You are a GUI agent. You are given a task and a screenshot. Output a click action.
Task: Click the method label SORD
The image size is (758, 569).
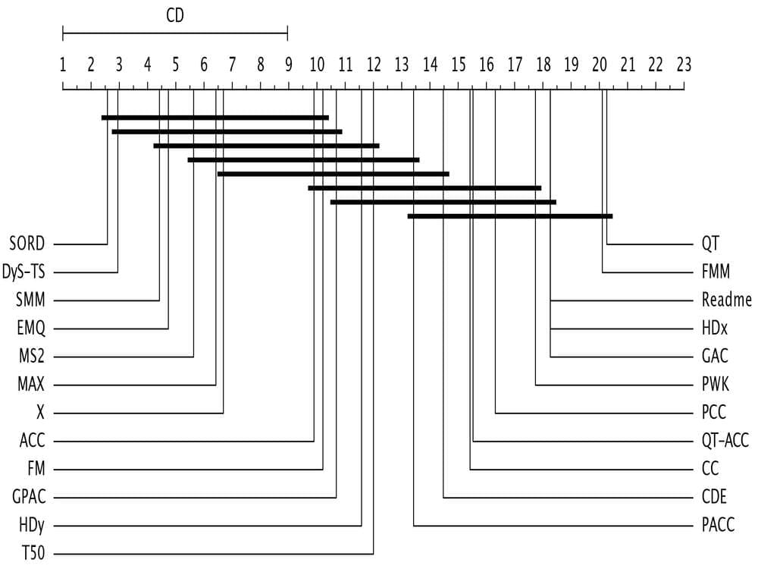click(x=27, y=244)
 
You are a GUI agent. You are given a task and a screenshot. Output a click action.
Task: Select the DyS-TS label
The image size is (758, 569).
click(x=23, y=272)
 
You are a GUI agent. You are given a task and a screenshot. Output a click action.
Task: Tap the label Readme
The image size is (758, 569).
click(x=727, y=300)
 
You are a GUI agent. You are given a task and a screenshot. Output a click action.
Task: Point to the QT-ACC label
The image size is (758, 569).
click(x=725, y=440)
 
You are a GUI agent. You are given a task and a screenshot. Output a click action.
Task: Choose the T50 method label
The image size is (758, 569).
click(x=33, y=552)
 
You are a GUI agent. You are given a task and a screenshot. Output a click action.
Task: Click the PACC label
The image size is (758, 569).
click(x=718, y=524)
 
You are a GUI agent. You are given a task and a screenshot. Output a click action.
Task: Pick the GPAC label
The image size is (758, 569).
click(x=29, y=496)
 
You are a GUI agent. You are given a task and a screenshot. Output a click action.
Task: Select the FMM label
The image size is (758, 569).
click(x=716, y=272)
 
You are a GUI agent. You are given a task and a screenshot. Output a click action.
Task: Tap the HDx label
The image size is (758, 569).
click(x=715, y=328)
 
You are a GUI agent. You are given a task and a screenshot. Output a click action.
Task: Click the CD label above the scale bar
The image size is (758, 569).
click(x=175, y=15)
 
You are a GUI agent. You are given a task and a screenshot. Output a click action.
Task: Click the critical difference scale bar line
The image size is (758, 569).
click(x=175, y=34)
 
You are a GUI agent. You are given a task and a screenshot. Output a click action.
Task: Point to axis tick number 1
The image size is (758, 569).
click(x=63, y=64)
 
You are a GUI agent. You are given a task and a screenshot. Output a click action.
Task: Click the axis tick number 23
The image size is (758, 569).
click(x=684, y=64)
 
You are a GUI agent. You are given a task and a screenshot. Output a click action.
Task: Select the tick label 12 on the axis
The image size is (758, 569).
click(x=373, y=64)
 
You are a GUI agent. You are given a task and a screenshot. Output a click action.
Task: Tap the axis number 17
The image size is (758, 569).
click(x=515, y=64)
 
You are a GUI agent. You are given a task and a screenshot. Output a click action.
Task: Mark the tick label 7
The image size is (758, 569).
click(x=232, y=64)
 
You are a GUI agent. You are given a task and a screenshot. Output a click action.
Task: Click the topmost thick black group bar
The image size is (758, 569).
click(x=215, y=118)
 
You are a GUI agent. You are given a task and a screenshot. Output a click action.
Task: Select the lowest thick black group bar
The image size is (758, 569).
click(x=510, y=216)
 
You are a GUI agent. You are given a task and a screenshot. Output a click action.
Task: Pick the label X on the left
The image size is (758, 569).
click(x=40, y=412)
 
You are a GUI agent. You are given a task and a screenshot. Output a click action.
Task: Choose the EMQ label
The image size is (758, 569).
click(x=31, y=328)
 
